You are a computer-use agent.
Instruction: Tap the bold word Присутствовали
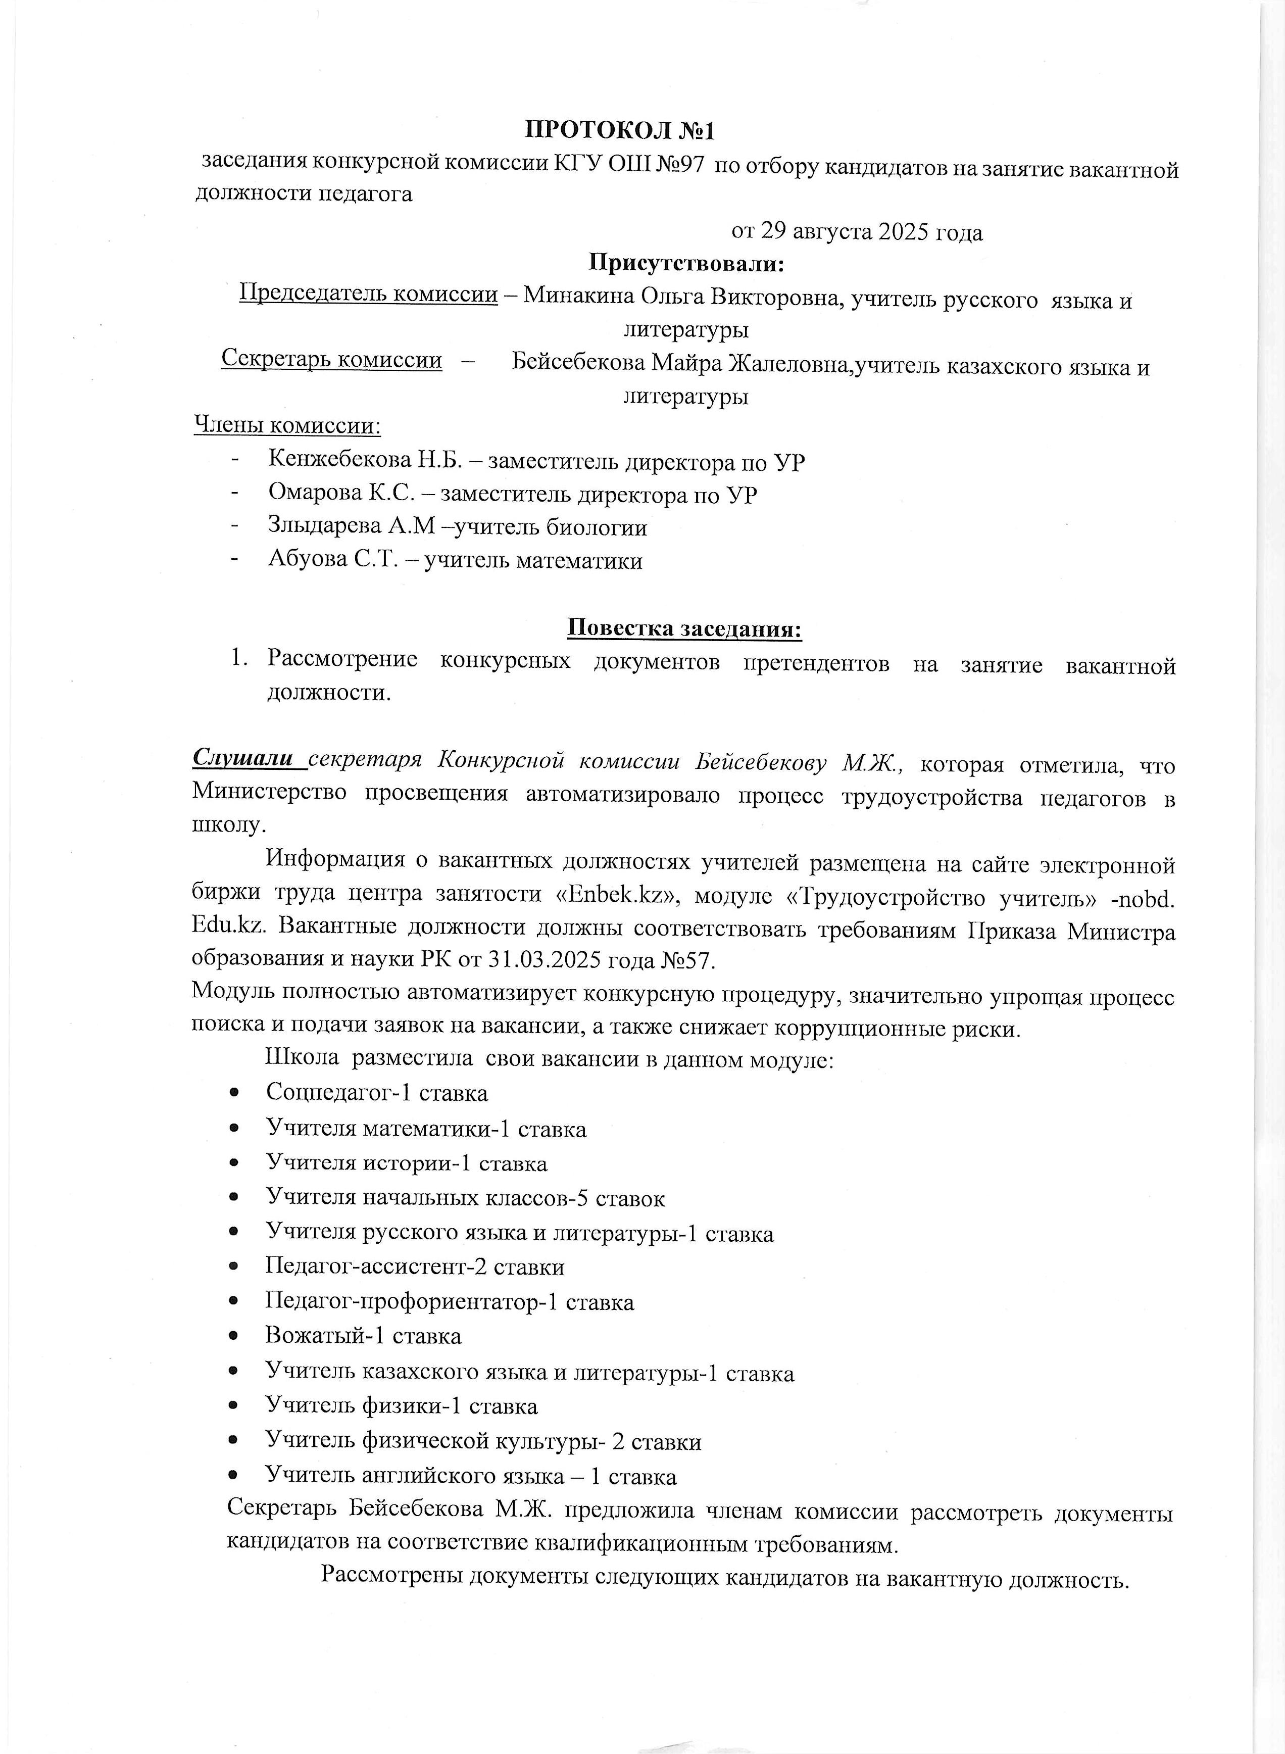point(685,263)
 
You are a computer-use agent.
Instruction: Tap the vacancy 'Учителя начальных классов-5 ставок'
point(465,1198)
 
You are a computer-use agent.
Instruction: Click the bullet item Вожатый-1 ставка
point(363,1336)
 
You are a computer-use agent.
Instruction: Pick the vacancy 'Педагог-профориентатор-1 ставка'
point(450,1301)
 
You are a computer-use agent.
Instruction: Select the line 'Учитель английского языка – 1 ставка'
point(471,1476)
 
